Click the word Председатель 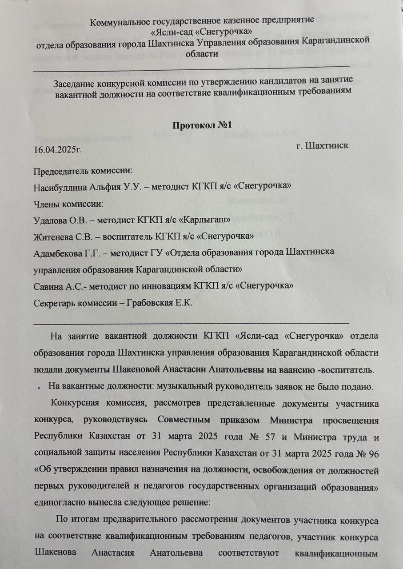coord(60,170)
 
